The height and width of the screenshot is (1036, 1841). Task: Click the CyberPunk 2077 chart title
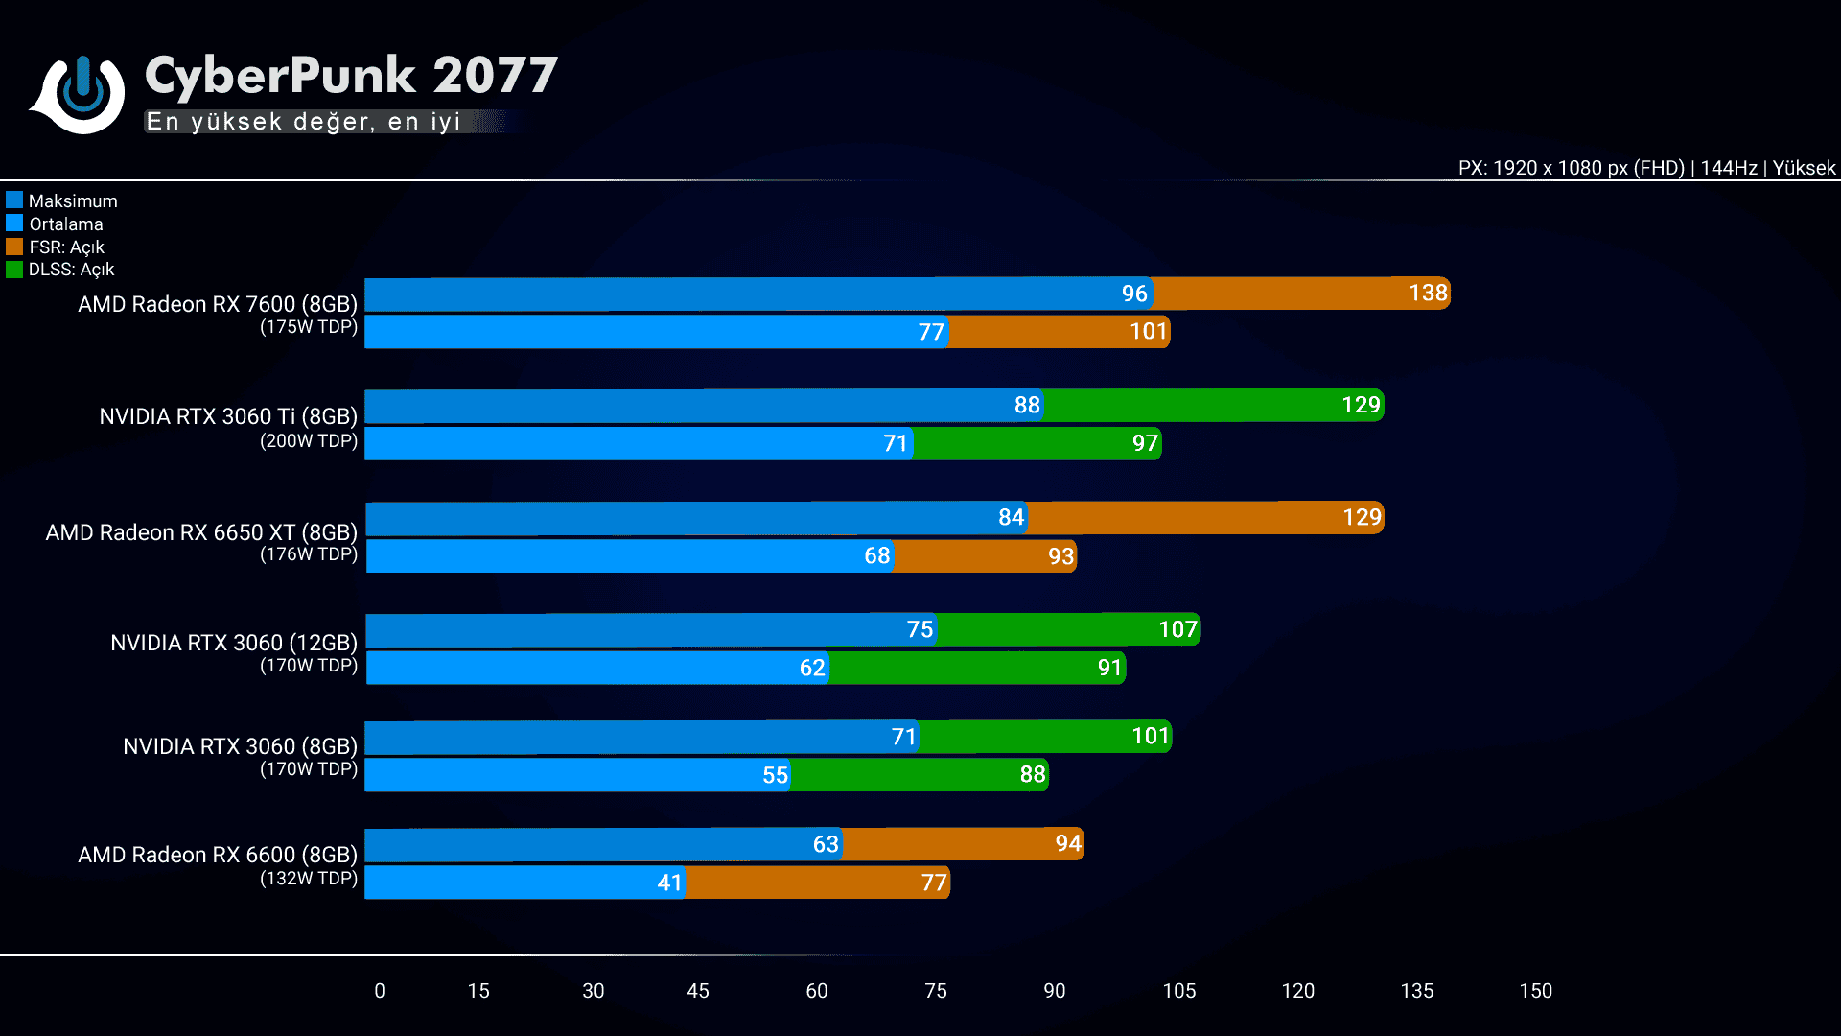(351, 76)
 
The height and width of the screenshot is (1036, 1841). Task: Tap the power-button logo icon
(80, 93)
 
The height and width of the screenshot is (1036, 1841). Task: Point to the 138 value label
(1428, 294)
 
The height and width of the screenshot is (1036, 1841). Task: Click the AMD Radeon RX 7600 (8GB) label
(218, 304)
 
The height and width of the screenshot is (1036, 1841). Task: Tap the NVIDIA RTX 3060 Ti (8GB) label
(228, 416)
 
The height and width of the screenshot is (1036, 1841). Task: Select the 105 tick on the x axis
(1178, 991)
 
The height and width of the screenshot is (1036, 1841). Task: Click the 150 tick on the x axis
(1535, 991)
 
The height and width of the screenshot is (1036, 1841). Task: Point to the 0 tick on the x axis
(380, 991)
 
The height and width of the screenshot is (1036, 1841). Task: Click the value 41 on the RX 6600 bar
(669, 883)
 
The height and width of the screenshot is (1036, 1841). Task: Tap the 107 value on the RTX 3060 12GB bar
(1177, 629)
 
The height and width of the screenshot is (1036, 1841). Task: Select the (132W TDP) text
(309, 878)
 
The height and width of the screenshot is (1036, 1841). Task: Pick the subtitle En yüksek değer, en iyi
(304, 122)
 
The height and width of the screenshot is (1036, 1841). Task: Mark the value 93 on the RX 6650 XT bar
(1060, 556)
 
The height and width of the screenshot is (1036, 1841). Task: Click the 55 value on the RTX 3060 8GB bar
(775, 775)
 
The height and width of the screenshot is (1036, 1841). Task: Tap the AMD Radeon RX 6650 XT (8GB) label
(201, 532)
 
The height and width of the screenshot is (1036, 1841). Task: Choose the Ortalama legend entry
(65, 224)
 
